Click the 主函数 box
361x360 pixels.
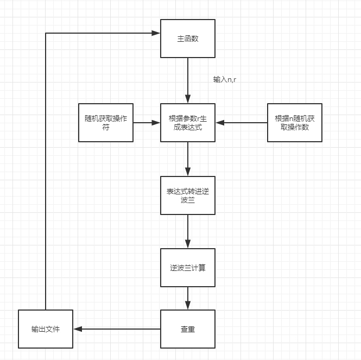188,39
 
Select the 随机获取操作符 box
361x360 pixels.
106,123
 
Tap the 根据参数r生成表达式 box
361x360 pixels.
188,123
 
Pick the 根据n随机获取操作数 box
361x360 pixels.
295,123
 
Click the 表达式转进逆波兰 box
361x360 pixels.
188,195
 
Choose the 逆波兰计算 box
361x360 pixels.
188,268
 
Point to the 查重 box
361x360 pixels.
188,329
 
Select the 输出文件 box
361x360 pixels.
46,329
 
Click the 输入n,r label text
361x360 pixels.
225,79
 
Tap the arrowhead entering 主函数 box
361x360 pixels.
156,34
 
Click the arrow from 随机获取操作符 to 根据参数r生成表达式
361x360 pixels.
147,123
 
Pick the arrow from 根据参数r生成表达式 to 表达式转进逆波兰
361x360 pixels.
188,159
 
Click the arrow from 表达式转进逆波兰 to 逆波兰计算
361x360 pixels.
188,231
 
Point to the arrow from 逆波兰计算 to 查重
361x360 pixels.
188,298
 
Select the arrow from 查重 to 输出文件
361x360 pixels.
117,329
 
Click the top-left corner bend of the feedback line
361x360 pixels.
46,34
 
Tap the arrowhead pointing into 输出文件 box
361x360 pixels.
77,329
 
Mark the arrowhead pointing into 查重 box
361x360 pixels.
188,306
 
